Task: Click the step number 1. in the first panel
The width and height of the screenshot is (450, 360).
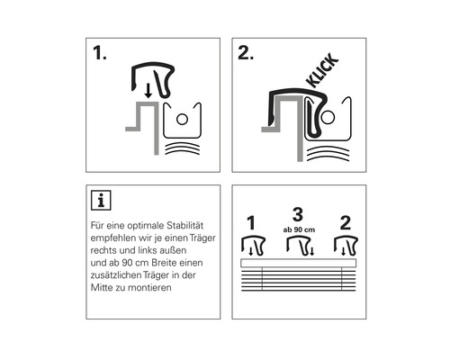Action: [100, 53]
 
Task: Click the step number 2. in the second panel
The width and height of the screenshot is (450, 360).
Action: [246, 53]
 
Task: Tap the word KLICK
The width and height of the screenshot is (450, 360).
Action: [322, 70]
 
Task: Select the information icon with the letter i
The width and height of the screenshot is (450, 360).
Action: [101, 200]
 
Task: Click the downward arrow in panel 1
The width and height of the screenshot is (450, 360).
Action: [148, 91]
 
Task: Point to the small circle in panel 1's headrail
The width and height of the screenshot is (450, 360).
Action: [182, 119]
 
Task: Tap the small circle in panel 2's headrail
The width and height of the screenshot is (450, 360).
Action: [328, 117]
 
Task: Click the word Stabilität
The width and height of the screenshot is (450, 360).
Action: [185, 225]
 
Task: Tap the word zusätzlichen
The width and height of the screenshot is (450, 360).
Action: [115, 275]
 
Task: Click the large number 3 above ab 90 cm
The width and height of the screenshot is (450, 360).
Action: [298, 214]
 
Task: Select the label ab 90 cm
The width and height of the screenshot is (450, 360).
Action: [299, 229]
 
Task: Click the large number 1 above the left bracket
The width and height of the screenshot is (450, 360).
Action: [251, 223]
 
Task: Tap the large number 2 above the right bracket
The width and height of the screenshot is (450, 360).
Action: [346, 223]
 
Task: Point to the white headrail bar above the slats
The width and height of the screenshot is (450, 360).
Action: [299, 263]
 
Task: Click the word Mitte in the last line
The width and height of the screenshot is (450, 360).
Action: [101, 288]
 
